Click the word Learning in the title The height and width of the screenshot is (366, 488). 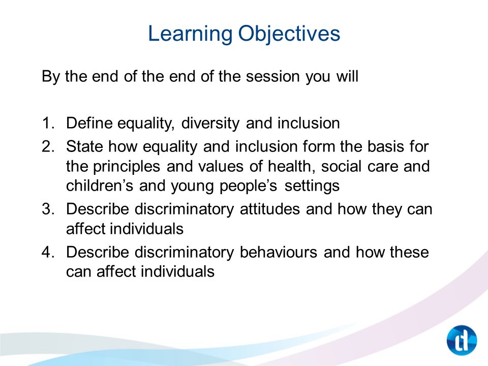click(190, 34)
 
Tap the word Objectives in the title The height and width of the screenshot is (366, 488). click(289, 34)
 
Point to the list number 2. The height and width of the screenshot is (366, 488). click(48, 146)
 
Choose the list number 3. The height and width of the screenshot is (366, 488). click(48, 209)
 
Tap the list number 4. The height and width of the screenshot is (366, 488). click(48, 252)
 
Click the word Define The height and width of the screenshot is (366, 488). click(89, 123)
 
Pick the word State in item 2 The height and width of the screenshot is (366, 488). click(84, 146)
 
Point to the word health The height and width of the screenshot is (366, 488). click(292, 167)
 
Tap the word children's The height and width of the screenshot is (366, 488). click(100, 186)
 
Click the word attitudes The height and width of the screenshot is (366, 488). click(269, 209)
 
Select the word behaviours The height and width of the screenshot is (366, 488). click(279, 252)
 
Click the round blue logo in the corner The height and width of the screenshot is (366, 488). click(462, 340)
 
